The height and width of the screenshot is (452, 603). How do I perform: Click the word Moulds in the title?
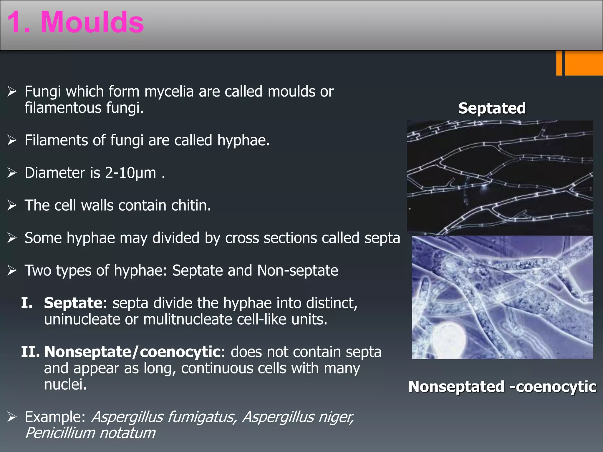[92, 22]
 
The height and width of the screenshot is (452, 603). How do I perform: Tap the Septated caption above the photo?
[492, 108]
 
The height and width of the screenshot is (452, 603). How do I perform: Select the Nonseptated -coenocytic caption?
[502, 386]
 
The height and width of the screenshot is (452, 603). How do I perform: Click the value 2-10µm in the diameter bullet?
[130, 173]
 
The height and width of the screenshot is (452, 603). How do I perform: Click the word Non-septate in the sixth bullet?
[297, 270]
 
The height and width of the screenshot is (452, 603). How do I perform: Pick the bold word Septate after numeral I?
[73, 303]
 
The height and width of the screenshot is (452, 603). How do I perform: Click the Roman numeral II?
[30, 352]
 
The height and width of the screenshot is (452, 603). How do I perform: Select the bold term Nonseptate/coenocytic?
[132, 352]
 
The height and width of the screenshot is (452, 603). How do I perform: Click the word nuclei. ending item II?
[65, 385]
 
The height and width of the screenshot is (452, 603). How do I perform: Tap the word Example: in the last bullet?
[55, 417]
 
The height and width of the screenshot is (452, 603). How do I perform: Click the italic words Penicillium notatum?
[90, 433]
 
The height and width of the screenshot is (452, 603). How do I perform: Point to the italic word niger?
[335, 417]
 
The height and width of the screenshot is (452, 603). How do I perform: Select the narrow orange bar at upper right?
[559, 63]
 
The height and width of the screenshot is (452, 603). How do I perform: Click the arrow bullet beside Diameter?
[12, 173]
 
